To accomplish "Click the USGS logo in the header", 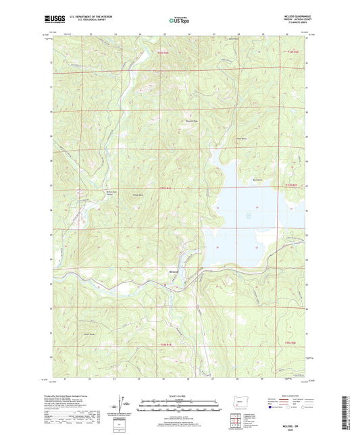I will [x=63, y=20].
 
